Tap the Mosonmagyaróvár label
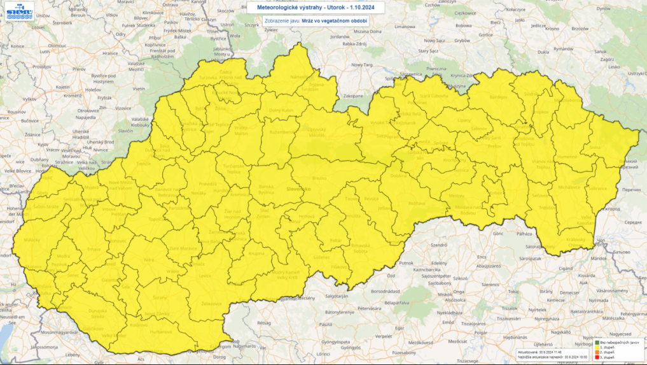coord(61,333)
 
